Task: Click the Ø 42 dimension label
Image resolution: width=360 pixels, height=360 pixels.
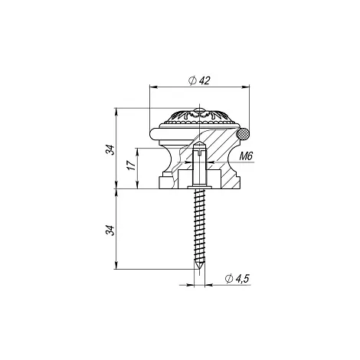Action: coord(199,80)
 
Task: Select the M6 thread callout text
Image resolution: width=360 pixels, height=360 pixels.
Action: coord(246,155)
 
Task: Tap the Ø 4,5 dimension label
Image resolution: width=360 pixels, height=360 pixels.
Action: coord(237,278)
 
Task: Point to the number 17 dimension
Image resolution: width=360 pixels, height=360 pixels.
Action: coord(131,165)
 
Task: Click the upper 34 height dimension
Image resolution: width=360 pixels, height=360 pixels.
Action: coord(110,150)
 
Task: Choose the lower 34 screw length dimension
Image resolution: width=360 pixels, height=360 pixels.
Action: coord(110,230)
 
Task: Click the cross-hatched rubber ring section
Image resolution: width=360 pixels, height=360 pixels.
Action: coord(243,134)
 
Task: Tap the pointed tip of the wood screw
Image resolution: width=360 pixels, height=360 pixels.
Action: coord(199,269)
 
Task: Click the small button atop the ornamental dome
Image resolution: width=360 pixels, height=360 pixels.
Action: coord(199,110)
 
